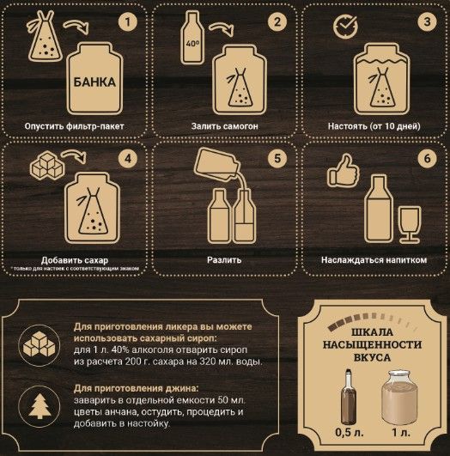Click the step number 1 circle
128,22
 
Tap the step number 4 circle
128,159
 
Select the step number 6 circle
427,159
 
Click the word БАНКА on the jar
94,82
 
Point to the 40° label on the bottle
192,44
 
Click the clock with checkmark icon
345,27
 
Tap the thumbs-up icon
344,171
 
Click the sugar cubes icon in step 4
47,165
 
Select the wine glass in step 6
410,224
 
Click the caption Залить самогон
224,126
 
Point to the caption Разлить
224,259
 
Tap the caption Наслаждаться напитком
374,259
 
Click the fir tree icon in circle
40,406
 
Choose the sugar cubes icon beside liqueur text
40,345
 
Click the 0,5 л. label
350,433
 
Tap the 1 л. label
401,433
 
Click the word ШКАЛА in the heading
373,332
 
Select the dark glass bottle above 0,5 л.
349,397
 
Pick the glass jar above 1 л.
399,398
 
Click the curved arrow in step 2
222,29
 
